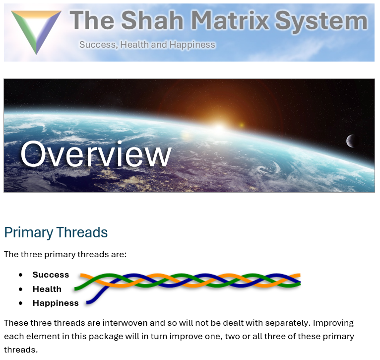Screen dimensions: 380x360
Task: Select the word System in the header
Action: (321, 22)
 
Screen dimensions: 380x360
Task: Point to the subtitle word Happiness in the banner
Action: (192, 45)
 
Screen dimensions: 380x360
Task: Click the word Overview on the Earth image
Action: (96, 154)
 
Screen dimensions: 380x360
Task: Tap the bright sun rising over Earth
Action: (219, 128)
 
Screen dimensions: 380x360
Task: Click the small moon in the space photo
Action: (351, 141)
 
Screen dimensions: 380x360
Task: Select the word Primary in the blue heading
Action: (29, 233)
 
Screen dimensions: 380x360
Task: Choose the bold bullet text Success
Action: (51, 275)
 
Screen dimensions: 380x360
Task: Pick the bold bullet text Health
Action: (47, 289)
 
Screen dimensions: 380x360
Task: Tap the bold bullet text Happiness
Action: (56, 303)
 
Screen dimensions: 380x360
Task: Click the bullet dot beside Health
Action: (21, 289)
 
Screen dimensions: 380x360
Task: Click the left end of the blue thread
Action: (87, 302)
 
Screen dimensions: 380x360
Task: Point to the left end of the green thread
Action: (75, 289)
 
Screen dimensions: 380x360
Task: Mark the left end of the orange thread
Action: (81, 275)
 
